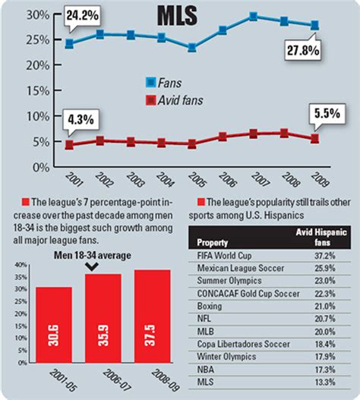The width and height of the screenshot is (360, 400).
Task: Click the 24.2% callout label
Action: tap(84, 14)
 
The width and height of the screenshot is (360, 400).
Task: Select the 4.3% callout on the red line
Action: tap(82, 119)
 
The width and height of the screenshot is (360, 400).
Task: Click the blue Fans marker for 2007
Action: tap(253, 16)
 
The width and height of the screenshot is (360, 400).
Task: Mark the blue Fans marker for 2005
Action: tap(192, 48)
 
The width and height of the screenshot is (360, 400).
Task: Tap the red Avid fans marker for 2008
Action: tap(284, 133)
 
